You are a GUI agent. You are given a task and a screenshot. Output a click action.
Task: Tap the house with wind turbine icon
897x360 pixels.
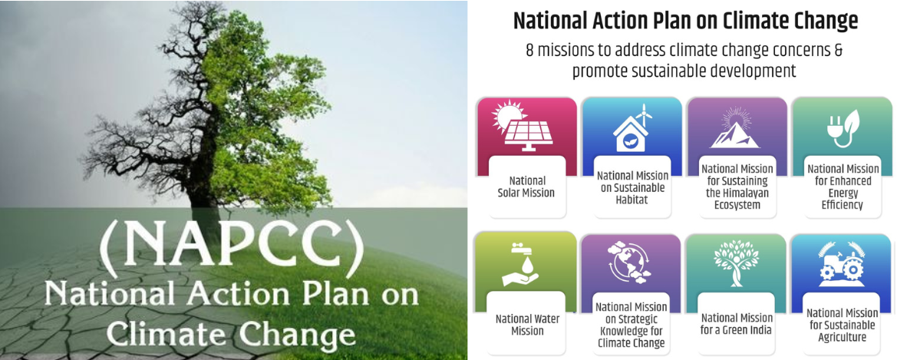631,129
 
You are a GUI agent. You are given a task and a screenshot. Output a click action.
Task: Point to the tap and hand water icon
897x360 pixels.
519,266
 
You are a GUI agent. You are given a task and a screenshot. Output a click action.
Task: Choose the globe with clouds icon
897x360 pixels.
629,264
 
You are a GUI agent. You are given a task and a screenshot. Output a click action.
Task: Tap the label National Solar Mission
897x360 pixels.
525,187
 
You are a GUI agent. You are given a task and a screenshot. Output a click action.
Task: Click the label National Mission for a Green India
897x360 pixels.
737,324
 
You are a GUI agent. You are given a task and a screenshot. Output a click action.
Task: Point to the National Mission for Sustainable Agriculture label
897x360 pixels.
842,325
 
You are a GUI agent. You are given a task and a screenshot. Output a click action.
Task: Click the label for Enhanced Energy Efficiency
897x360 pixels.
843,186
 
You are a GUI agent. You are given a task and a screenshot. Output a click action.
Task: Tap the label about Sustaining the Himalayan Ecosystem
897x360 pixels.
737,187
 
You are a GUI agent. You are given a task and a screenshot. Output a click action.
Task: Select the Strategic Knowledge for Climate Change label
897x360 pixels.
632,325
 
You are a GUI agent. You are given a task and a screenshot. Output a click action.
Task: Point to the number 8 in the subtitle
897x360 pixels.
530,50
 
